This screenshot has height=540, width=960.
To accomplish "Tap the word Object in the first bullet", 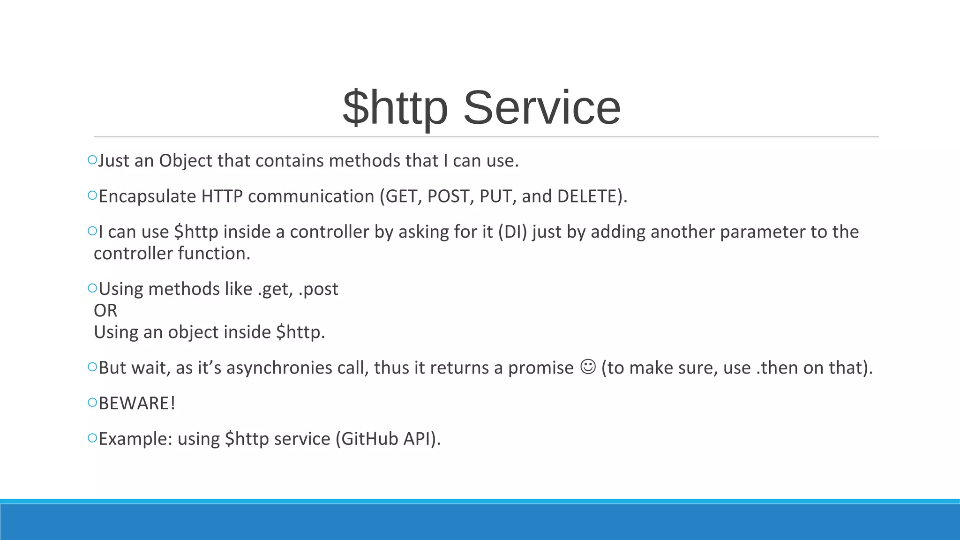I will click(186, 161).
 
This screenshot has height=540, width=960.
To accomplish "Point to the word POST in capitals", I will click(448, 196).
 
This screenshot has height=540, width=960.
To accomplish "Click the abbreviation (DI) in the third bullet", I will click(512, 232).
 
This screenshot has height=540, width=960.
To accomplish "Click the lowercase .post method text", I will click(318, 289).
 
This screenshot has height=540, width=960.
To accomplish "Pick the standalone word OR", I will click(105, 311).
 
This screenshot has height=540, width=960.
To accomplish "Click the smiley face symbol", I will click(588, 367).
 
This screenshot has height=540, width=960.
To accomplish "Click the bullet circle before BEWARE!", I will click(92, 402).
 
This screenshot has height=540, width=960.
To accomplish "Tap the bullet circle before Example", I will click(92, 438).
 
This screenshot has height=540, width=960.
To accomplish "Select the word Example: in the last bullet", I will click(135, 439).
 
